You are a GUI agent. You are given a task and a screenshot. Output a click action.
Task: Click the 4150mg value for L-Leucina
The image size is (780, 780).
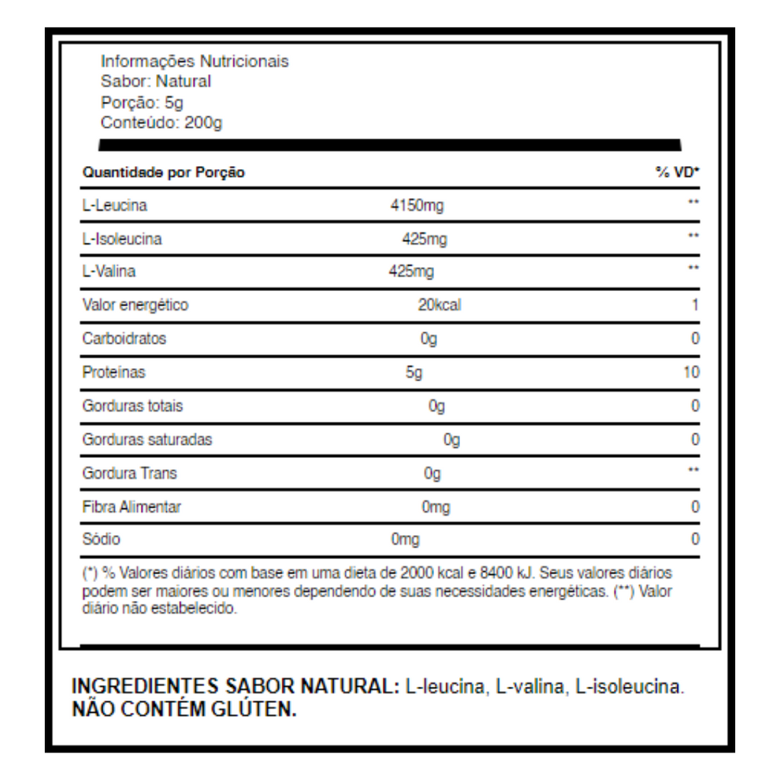[x=416, y=206]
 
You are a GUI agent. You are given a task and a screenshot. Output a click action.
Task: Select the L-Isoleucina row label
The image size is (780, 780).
[x=122, y=239]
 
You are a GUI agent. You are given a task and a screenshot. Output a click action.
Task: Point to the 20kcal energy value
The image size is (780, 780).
[x=440, y=305]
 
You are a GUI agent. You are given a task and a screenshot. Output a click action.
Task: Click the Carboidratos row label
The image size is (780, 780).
[x=124, y=339]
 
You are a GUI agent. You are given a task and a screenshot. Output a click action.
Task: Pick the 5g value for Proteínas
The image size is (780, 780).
[x=414, y=372]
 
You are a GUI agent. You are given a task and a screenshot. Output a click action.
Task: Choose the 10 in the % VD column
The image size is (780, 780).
[x=692, y=372]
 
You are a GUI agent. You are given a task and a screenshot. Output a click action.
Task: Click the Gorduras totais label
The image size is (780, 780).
[x=133, y=406]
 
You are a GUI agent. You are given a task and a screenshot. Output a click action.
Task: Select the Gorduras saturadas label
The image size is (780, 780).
[x=147, y=440]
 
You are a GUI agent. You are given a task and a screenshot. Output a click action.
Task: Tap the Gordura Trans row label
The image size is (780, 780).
[x=129, y=473]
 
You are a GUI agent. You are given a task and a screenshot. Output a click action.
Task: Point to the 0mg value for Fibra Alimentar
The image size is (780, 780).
[x=436, y=507]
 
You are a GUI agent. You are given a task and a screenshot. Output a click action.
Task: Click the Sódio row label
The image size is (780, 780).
[x=101, y=540]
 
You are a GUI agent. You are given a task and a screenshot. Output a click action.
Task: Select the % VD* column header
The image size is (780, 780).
[x=677, y=173]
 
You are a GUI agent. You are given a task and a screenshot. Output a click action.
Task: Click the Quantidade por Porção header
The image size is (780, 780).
[x=164, y=173]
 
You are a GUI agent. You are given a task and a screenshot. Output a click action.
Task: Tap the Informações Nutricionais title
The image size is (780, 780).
[x=195, y=62]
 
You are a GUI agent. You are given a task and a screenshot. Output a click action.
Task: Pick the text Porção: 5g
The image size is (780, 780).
[x=142, y=103]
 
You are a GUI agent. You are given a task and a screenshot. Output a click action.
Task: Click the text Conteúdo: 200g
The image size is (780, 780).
[x=161, y=123]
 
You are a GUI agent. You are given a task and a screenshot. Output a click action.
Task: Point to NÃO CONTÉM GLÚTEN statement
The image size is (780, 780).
[x=184, y=710]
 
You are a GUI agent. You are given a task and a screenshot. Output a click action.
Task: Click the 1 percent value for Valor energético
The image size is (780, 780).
[x=695, y=305]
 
